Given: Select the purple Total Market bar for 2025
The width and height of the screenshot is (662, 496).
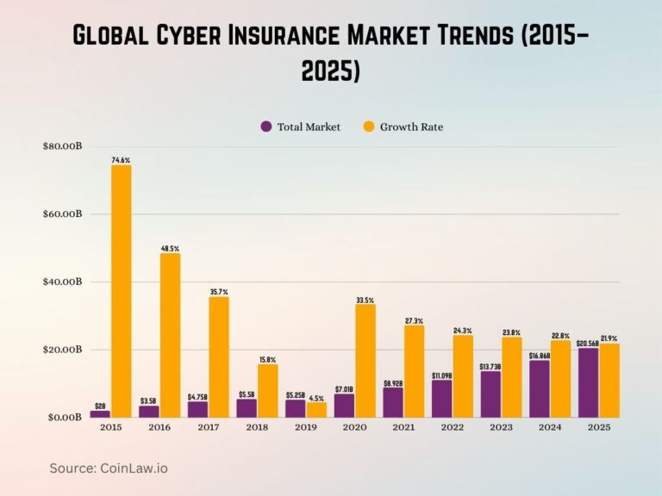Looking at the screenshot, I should (x=588, y=382).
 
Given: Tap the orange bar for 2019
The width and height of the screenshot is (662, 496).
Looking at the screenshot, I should (x=316, y=410).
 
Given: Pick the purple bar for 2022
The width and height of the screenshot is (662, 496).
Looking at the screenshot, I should (x=441, y=399).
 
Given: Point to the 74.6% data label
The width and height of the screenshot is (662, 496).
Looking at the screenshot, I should (x=121, y=160).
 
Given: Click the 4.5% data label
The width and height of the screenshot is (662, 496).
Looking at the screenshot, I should (x=316, y=398).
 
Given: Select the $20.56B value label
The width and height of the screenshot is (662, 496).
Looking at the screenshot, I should (x=588, y=343).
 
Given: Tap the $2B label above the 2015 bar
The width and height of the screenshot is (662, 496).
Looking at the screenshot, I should (x=100, y=406).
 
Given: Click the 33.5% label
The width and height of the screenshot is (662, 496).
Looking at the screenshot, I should (x=365, y=300).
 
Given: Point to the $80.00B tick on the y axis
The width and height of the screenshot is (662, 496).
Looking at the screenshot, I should (x=62, y=146).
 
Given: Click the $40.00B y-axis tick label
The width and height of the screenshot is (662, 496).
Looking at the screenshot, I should (x=62, y=282).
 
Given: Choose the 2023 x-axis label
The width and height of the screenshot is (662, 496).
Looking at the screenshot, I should (x=501, y=427).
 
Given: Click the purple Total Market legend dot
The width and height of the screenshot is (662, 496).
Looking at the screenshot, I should (x=266, y=127).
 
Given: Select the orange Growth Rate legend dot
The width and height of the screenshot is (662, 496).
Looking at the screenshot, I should (x=368, y=127).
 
